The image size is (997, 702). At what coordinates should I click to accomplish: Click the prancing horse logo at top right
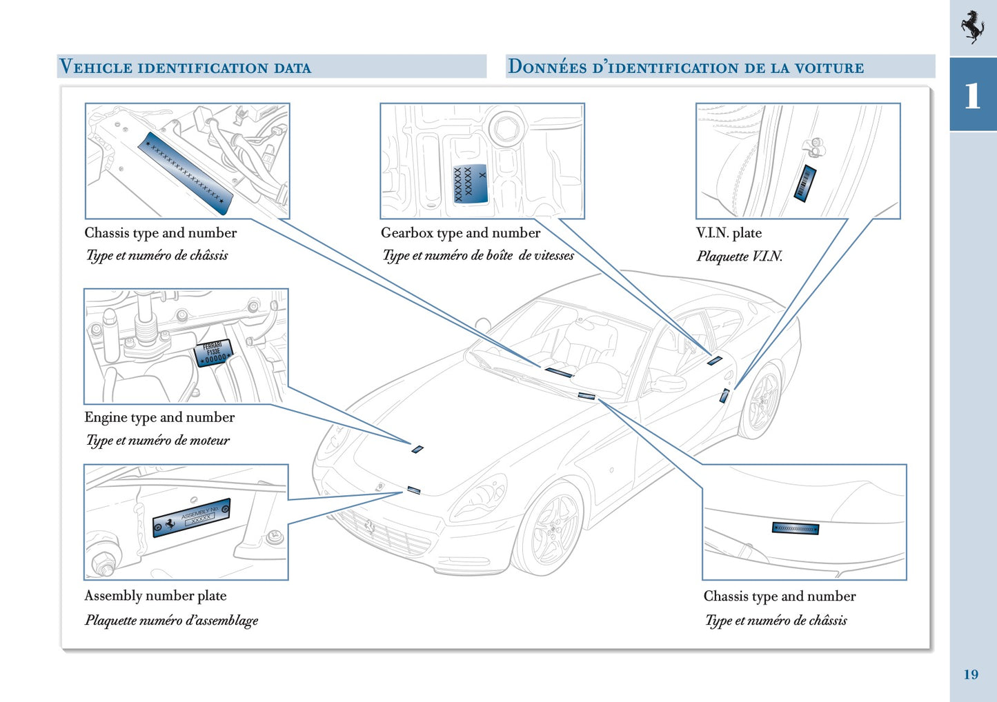(972, 27)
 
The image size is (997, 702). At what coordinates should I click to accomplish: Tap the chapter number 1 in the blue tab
(972, 96)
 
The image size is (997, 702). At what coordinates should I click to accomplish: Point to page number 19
(971, 674)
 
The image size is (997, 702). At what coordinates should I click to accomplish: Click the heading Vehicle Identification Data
(185, 67)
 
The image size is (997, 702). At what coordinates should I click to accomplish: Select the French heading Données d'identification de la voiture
(686, 67)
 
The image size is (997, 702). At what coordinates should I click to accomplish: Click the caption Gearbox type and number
(460, 233)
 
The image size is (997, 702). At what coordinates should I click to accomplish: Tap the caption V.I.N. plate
(729, 233)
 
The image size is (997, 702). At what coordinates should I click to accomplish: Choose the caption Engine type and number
(159, 417)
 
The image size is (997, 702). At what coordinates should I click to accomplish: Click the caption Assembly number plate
(155, 596)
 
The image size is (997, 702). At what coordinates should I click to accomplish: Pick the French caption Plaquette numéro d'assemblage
(171, 620)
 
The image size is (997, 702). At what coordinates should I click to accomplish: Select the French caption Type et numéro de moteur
(157, 440)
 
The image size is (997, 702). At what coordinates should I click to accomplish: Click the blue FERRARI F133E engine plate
(213, 353)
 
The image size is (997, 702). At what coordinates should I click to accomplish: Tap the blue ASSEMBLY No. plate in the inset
(191, 517)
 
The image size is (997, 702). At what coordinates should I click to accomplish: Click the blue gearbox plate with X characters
(470, 184)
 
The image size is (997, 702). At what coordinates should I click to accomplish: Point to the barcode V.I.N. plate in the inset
(804, 183)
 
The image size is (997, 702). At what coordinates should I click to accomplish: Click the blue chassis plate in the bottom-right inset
(795, 528)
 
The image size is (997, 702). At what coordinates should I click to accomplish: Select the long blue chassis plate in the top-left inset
(185, 172)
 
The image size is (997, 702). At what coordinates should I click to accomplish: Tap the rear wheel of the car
(762, 403)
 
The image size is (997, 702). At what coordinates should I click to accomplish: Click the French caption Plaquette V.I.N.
(739, 257)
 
